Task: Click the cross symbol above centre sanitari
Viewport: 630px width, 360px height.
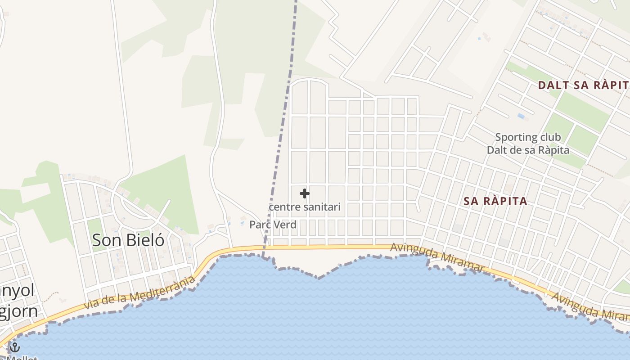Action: click(305, 193)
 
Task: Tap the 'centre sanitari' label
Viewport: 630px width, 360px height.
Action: click(305, 207)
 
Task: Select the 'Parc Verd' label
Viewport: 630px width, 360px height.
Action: click(273, 225)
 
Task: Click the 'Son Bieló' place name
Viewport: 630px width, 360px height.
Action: click(128, 240)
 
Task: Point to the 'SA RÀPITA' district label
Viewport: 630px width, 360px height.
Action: click(495, 201)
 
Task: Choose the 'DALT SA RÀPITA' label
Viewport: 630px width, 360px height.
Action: click(584, 85)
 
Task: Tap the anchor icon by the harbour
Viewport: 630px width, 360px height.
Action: click(15, 347)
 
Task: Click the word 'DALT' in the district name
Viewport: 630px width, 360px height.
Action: click(552, 85)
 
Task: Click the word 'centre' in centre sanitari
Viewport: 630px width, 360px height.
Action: click(282, 207)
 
